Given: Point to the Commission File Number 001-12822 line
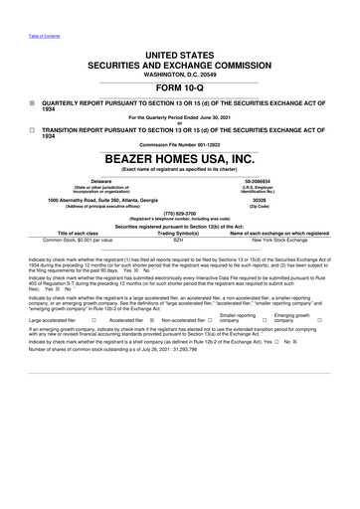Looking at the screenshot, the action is point(179,146).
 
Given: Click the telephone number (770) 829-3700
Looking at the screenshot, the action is point(179,213).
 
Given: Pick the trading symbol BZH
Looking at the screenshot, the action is point(179,240).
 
